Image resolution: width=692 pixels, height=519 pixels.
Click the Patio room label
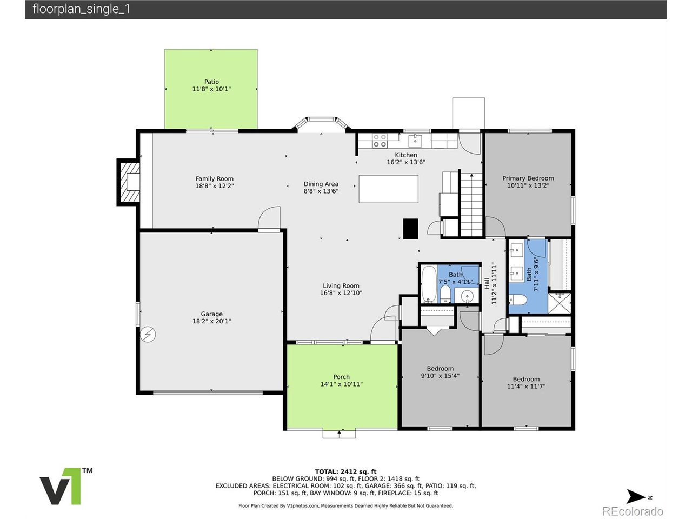pos(211,82)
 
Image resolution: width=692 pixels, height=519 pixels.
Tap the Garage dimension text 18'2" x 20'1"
pos(211,321)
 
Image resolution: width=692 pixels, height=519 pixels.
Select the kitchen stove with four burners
pos(380,141)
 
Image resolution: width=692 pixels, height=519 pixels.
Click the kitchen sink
pos(415,141)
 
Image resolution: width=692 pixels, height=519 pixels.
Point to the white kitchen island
pos(388,189)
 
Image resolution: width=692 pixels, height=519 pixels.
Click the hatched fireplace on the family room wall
pos(129,182)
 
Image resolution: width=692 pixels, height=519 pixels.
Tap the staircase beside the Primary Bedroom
pos(471,204)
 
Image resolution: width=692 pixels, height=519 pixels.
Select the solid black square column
pos(410,229)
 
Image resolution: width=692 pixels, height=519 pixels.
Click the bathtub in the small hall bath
pos(429,284)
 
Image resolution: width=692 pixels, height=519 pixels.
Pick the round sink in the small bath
pos(467,296)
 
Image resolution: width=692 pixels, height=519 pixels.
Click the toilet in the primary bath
pos(517,300)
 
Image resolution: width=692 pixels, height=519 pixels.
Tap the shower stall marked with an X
pos(559,303)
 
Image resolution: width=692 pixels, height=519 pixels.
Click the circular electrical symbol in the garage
pos(148,334)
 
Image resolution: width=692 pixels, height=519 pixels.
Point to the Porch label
pos(342,377)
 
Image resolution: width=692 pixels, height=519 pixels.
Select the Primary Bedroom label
pos(528,178)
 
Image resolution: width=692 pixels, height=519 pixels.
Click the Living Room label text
pos(341,286)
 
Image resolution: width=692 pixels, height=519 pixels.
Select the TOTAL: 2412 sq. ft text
pos(345,472)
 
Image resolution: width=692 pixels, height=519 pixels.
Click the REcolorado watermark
pos(633,511)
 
